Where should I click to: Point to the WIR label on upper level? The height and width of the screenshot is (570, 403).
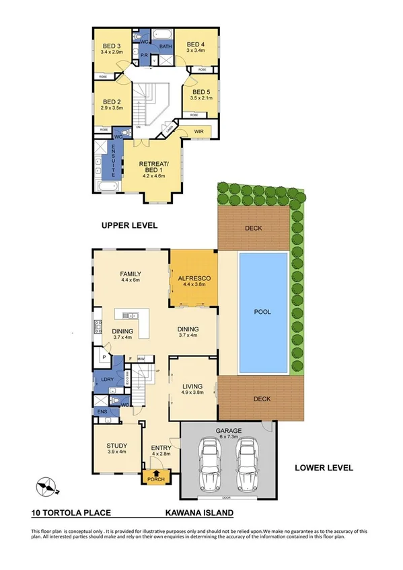198,130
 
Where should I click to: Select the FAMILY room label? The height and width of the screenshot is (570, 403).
131,274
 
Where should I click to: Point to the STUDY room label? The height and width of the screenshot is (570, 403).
117,444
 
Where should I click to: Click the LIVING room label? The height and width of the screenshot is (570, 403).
192,386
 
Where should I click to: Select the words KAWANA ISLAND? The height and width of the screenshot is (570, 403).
200,513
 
